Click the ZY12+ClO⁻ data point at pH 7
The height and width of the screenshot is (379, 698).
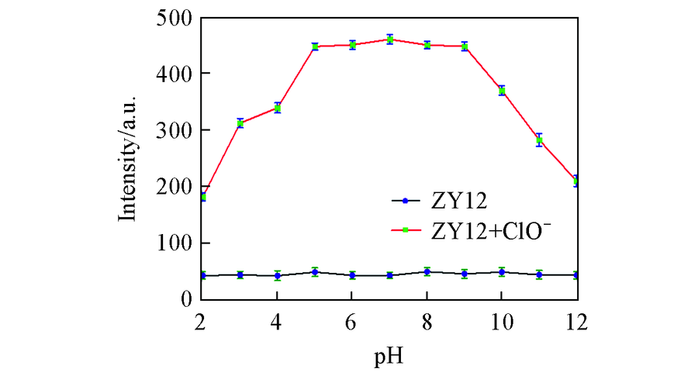pos(390,40)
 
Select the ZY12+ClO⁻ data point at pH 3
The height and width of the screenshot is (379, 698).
pos(240,123)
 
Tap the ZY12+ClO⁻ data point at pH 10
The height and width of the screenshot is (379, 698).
pos(502,91)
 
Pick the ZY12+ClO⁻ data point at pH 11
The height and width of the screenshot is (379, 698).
pos(539,140)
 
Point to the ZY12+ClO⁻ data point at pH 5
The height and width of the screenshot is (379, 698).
pos(315,47)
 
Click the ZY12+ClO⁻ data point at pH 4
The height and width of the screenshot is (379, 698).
pos(278,108)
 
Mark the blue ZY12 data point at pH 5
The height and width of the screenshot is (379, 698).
pos(315,272)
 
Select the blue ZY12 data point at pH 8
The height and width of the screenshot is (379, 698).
pos(427,272)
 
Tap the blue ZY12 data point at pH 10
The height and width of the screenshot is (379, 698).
pos(502,272)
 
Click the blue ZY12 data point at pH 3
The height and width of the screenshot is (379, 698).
pos(240,274)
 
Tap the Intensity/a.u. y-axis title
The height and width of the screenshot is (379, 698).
pos(128,158)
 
